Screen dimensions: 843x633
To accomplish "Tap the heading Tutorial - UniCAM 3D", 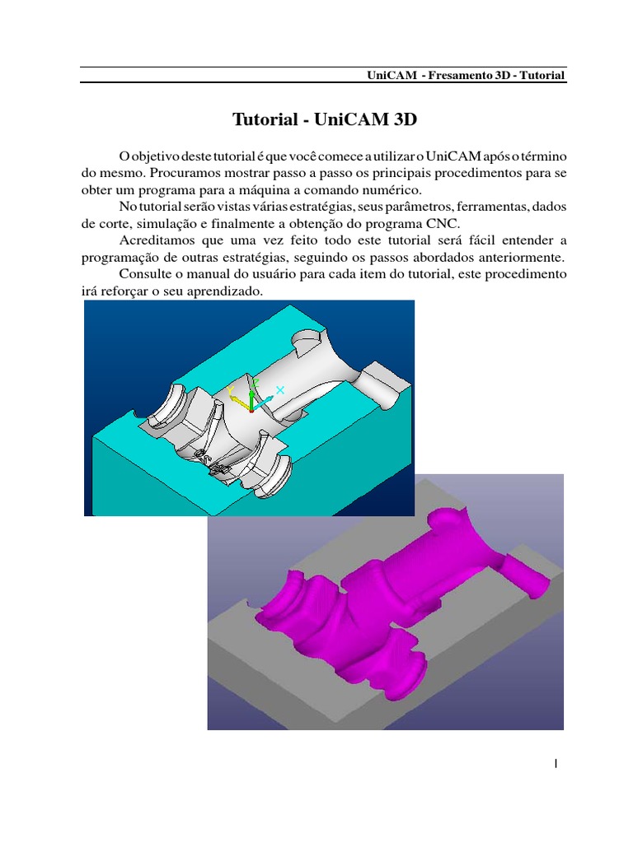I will [325, 120].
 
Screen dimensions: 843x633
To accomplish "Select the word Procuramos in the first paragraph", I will [182, 174].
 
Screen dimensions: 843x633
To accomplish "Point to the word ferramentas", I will [487, 207].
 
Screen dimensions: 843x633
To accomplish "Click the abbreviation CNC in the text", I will [442, 223].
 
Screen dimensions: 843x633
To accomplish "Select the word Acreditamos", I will [161, 240].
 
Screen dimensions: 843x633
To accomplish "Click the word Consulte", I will [146, 274].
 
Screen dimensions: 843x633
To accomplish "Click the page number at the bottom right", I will [556, 763].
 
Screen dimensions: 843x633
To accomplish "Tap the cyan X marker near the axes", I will [279, 390].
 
